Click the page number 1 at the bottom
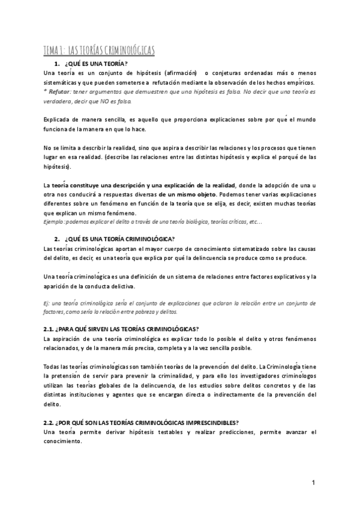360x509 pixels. (313, 483)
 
